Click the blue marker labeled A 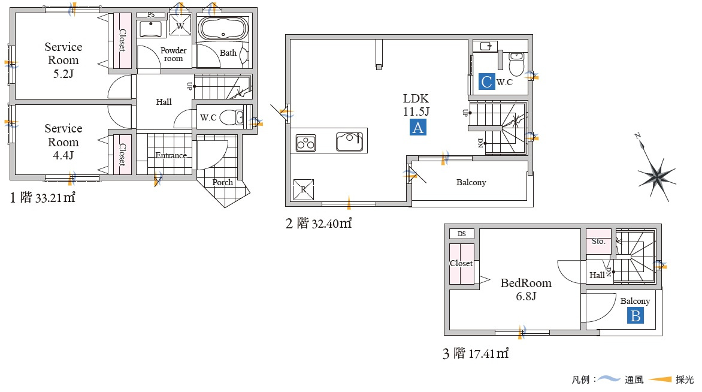click(417, 127)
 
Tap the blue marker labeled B click(636, 316)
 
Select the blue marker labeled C click(486, 82)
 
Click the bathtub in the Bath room click(223, 29)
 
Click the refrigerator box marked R click(304, 189)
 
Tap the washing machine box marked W click(180, 25)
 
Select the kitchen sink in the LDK click(349, 141)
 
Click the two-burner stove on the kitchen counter click(306, 143)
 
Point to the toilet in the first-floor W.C click(231, 118)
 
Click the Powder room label click(173, 54)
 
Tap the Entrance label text click(171, 155)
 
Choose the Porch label click(222, 182)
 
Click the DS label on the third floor click(462, 234)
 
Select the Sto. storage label click(598, 241)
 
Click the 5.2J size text click(63, 74)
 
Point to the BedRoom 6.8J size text click(526, 296)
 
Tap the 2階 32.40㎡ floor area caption click(319, 223)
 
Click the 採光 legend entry click(685, 380)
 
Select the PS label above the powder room click(152, 15)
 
